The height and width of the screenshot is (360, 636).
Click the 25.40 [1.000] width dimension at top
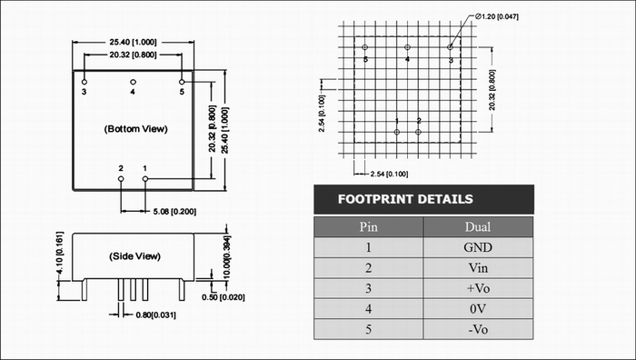click(x=133, y=42)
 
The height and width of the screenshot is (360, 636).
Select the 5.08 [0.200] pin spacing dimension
click(x=174, y=212)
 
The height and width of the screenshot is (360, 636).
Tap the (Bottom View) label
click(x=136, y=129)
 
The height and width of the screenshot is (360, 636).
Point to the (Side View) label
click(x=134, y=256)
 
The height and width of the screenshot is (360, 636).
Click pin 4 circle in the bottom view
click(x=133, y=82)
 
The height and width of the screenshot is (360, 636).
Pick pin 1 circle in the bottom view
click(x=145, y=178)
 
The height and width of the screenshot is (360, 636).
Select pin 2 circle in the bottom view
click(x=121, y=178)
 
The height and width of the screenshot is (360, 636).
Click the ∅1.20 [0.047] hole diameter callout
click(x=496, y=16)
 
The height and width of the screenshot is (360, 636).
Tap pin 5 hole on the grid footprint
click(x=364, y=47)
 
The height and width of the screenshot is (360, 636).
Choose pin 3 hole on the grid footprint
click(x=450, y=47)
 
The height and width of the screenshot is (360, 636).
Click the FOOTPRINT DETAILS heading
click(x=405, y=199)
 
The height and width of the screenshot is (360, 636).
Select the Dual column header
click(x=478, y=226)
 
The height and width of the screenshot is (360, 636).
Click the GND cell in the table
click(x=478, y=247)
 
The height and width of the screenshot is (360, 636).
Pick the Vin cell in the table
click(x=478, y=268)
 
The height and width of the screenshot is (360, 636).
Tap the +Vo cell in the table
click(x=478, y=288)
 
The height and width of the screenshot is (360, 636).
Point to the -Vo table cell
click(x=478, y=329)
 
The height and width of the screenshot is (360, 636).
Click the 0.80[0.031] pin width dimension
click(x=155, y=315)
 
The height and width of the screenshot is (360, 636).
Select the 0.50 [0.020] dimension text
click(x=224, y=297)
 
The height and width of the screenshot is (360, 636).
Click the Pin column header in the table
click(x=368, y=226)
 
